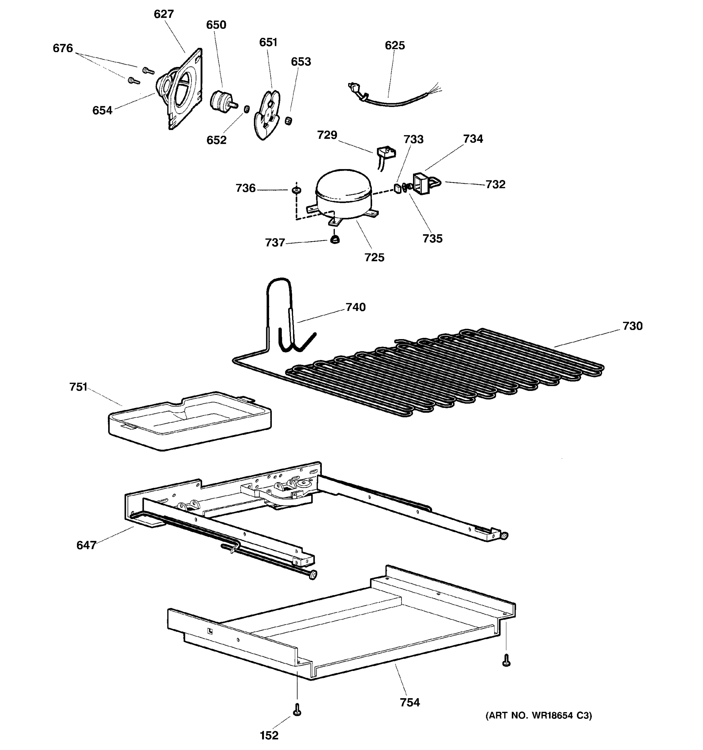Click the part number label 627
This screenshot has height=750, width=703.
(164, 14)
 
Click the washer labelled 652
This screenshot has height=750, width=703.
(247, 109)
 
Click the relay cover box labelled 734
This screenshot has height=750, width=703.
(421, 184)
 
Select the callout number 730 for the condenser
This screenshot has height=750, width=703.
(632, 326)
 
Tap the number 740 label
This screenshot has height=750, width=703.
(355, 307)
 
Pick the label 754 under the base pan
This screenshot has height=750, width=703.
(410, 702)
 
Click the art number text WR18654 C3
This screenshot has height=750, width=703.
(539, 716)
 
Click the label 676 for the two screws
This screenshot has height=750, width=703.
(62, 48)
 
